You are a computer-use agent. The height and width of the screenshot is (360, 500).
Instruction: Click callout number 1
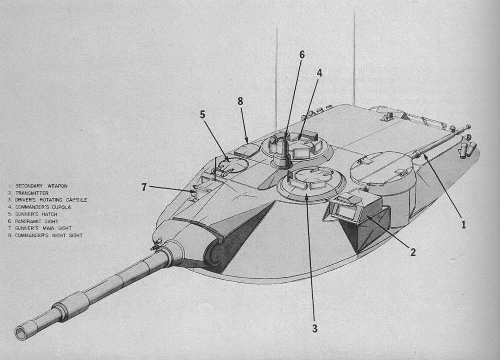[463, 225]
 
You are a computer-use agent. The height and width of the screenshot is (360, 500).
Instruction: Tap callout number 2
[413, 252]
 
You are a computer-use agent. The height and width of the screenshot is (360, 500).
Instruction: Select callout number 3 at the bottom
[315, 329]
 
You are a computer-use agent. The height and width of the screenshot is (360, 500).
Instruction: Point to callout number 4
[319, 73]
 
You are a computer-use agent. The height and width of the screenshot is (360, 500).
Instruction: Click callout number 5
[202, 115]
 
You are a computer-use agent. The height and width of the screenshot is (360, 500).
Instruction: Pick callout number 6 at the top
[302, 55]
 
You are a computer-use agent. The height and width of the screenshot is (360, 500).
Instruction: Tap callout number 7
[144, 187]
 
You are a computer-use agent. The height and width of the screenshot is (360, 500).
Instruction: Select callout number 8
[240, 101]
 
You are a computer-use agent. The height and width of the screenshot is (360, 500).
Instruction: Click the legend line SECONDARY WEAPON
[41, 186]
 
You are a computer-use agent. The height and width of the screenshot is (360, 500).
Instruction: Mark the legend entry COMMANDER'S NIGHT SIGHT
[48, 235]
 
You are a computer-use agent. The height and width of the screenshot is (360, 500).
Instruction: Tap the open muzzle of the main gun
[21, 334]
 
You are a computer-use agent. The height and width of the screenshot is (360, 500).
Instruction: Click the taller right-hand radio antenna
[354, 59]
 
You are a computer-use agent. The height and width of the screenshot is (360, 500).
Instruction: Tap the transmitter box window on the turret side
[347, 212]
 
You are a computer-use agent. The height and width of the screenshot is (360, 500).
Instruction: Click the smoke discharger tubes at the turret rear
[466, 150]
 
